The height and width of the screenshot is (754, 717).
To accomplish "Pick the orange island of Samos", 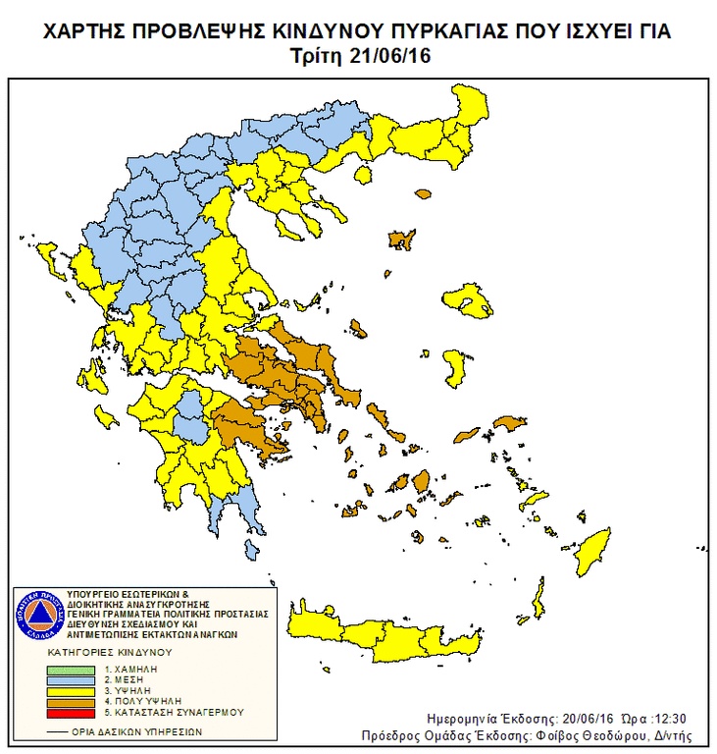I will [x=509, y=423].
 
